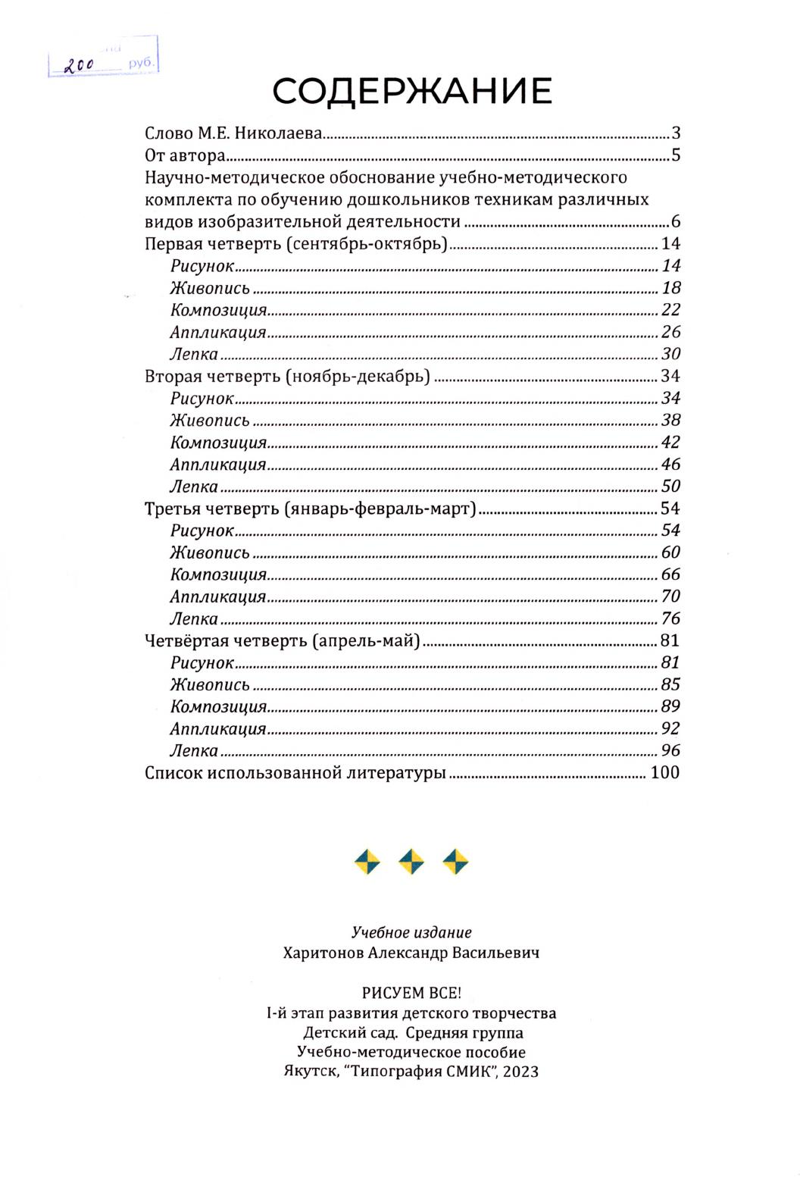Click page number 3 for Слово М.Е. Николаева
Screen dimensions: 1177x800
click(675, 133)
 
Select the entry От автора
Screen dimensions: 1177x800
click(185, 156)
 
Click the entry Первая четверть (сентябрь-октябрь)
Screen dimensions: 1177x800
click(296, 244)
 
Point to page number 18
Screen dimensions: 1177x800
click(670, 288)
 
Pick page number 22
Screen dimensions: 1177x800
click(670, 310)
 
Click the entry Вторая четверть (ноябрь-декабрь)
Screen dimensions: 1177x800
click(287, 377)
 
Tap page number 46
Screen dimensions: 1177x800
click(670, 465)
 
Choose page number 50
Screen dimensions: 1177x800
click(670, 487)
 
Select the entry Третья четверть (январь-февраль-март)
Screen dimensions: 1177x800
click(311, 509)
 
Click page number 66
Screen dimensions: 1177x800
click(670, 574)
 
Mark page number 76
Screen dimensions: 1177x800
click(670, 618)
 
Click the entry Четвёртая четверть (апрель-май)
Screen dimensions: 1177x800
click(283, 641)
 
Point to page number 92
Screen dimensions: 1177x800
click(670, 729)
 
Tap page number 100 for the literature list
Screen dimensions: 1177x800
click(665, 773)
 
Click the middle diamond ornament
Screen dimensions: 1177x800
click(411, 862)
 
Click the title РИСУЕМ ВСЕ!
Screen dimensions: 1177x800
click(411, 993)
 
